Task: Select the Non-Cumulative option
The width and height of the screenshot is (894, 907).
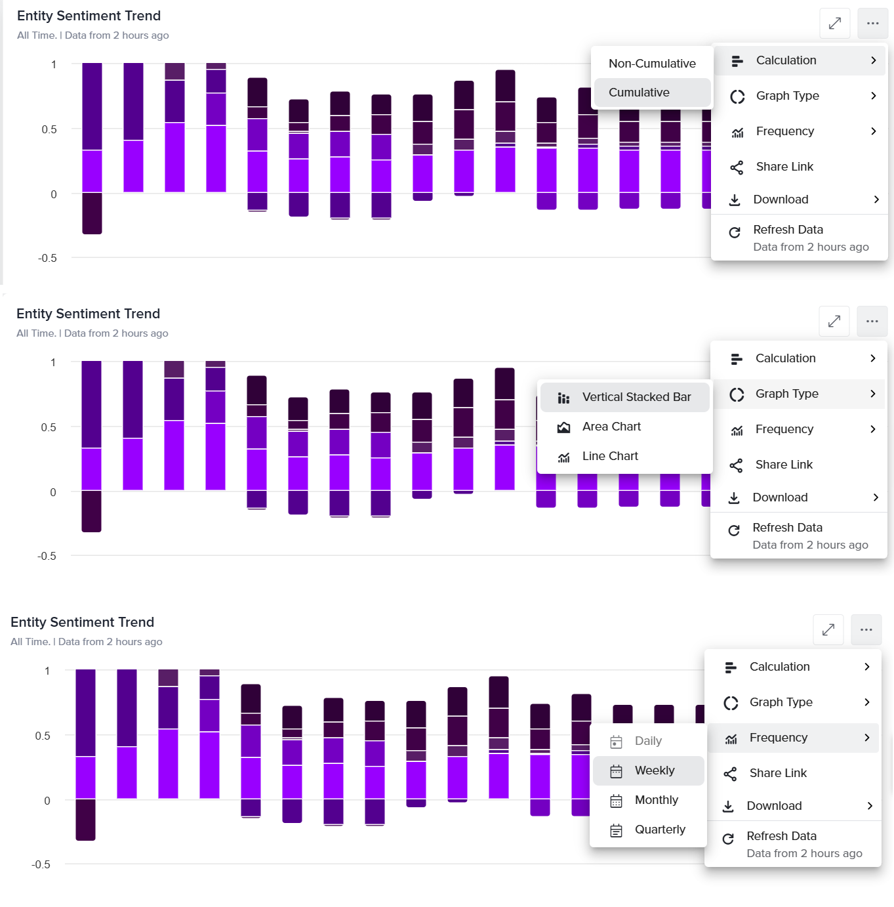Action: tap(652, 64)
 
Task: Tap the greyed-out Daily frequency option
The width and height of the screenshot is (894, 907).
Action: tap(648, 741)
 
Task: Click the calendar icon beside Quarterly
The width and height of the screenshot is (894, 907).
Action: tap(616, 830)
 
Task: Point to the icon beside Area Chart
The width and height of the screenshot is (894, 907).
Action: tap(563, 427)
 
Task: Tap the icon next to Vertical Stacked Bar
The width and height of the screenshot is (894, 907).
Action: tap(563, 398)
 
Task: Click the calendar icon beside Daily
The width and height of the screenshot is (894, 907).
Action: tap(616, 742)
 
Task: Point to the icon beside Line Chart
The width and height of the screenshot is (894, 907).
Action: tap(563, 457)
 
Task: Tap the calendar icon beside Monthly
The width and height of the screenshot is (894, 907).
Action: tap(616, 801)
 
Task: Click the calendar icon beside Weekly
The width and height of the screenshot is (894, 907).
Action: tap(616, 771)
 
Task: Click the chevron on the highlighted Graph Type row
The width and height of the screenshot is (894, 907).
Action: tap(873, 394)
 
